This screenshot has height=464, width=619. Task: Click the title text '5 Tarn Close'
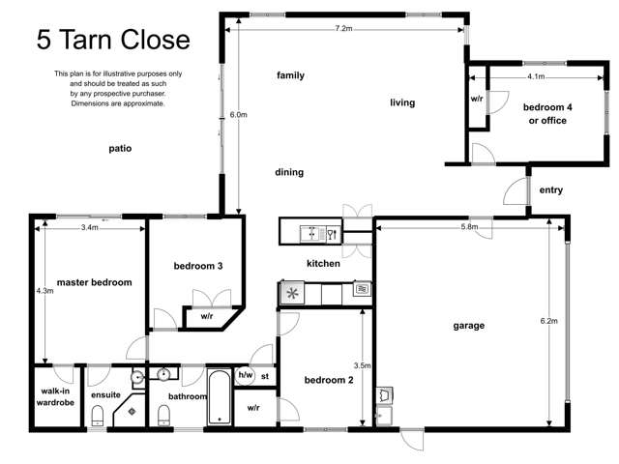coord(113,40)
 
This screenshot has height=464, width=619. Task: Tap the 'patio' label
coord(119,149)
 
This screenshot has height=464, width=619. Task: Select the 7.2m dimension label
coord(342,29)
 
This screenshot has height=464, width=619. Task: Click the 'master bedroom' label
coord(94,282)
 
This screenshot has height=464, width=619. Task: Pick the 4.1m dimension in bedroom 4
coord(536,75)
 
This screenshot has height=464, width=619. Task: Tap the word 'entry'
coord(550,190)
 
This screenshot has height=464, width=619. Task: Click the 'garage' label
coord(468,326)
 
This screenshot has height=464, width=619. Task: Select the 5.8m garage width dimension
coord(469,227)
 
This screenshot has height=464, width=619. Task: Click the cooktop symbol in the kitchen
coord(291,290)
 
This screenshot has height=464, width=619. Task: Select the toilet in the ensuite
coord(98,416)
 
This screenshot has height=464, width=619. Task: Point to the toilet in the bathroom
coord(164,416)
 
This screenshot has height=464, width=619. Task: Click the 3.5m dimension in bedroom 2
coord(363,366)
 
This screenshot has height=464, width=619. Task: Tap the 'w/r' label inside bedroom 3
coord(207,316)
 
